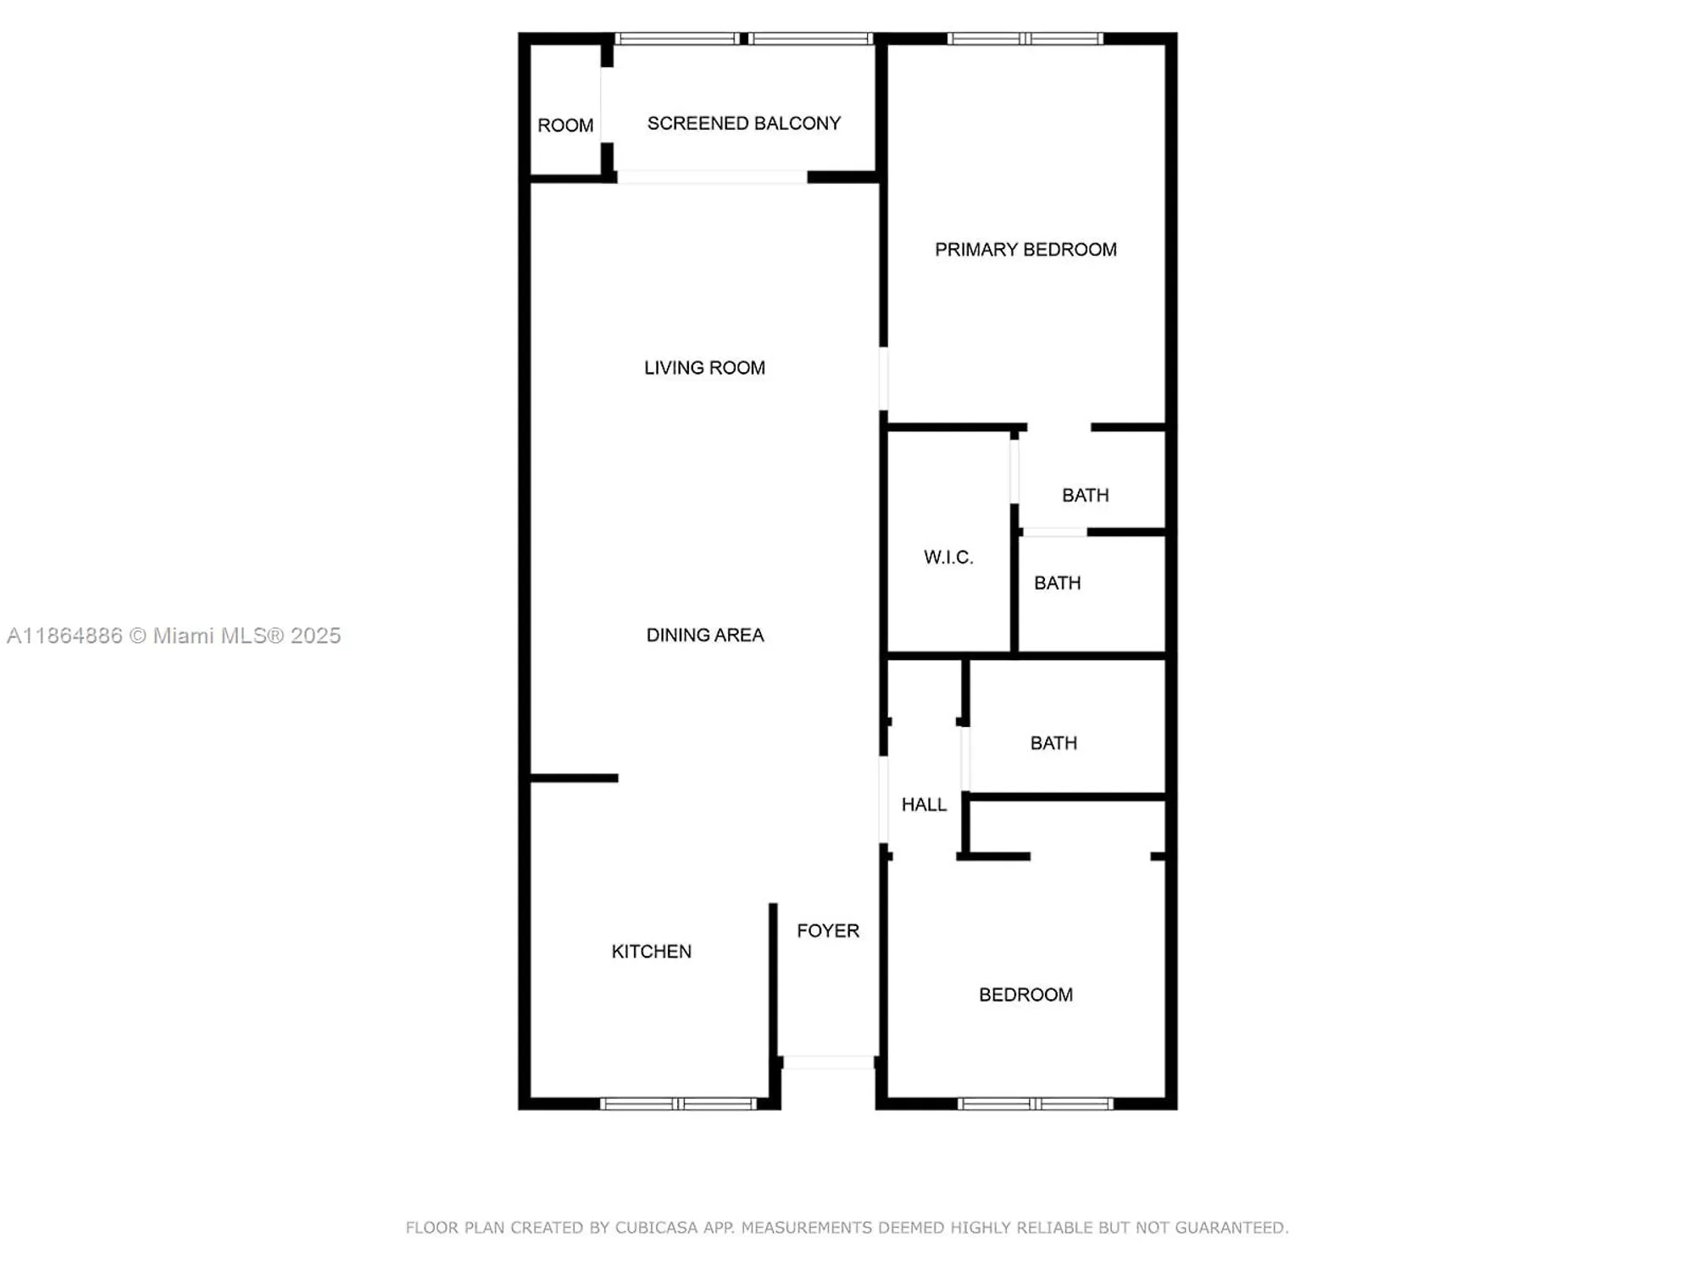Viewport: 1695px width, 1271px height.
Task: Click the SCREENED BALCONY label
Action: [x=743, y=124]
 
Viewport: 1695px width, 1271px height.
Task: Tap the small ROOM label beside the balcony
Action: [x=565, y=125]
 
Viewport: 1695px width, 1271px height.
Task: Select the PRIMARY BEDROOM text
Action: [x=1025, y=250]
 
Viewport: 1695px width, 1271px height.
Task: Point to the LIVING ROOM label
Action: [x=704, y=368]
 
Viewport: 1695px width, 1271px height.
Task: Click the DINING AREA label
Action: [x=705, y=635]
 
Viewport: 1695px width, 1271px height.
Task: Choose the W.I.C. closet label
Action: [x=948, y=558]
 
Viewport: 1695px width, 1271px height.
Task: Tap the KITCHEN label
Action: [x=651, y=952]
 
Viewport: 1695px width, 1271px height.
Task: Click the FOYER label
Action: [x=828, y=931]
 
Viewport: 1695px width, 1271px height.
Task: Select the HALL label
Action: [x=924, y=805]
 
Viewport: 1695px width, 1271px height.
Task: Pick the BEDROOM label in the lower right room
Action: [x=1025, y=995]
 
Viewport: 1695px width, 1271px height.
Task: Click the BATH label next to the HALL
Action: [x=1053, y=743]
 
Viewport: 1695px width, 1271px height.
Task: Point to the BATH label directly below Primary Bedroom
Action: [x=1085, y=495]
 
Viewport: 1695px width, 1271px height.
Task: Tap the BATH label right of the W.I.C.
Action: [x=1057, y=583]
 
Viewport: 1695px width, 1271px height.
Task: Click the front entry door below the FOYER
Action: [x=828, y=1063]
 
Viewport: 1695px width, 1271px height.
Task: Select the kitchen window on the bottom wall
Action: [x=678, y=1103]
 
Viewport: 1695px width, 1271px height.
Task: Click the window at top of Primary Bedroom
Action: [x=1025, y=38]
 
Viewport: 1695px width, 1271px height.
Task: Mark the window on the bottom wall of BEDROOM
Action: [x=1035, y=1103]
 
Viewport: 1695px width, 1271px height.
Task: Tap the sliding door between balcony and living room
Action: [x=712, y=177]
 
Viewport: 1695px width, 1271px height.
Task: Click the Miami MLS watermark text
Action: [x=174, y=635]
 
